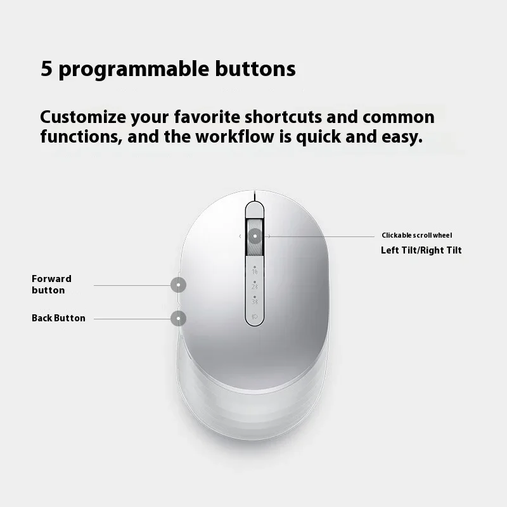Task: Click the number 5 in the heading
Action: (x=46, y=68)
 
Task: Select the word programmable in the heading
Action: (x=134, y=70)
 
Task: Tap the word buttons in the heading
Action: (x=255, y=68)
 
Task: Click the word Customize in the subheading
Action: (x=83, y=117)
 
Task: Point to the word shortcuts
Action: (x=283, y=117)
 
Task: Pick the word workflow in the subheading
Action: (x=235, y=136)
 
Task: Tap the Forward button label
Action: (x=51, y=284)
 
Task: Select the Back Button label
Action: (x=58, y=318)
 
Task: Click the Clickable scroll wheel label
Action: (x=417, y=235)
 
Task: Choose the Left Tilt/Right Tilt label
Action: (x=421, y=250)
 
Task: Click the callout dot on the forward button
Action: (x=179, y=285)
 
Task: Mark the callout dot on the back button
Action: (x=179, y=319)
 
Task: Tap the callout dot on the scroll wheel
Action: (x=255, y=236)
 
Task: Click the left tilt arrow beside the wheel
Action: (x=240, y=236)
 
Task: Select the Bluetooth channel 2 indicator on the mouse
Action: (x=255, y=285)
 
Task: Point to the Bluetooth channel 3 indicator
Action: (x=255, y=300)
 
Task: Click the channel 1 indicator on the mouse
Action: (x=255, y=271)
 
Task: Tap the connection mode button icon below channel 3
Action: (x=255, y=316)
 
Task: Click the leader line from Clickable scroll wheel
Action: (x=321, y=236)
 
